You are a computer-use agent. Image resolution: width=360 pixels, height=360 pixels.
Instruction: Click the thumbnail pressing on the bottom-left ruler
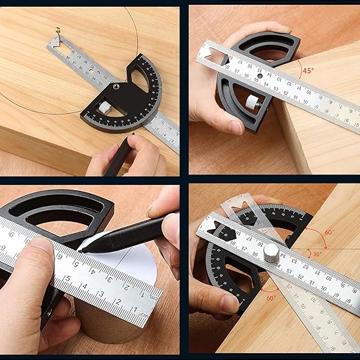pyautogui.click(x=41, y=243)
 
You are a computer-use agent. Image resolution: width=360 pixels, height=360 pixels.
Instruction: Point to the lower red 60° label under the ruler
pyautogui.click(x=271, y=298)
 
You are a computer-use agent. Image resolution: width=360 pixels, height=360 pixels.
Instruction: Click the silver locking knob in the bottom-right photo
pyautogui.click(x=272, y=251)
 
